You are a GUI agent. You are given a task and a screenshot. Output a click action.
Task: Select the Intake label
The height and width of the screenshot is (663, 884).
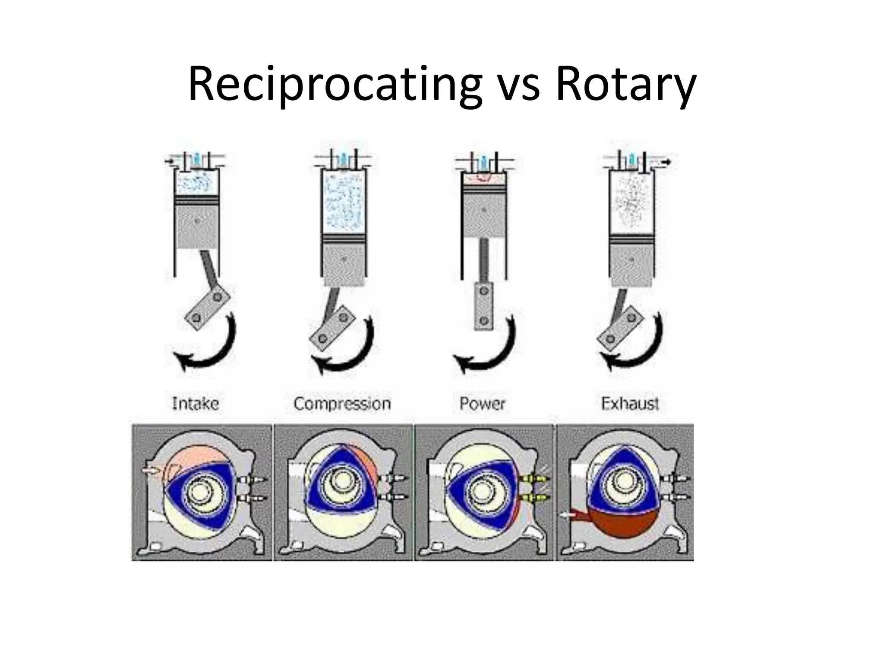[196, 404]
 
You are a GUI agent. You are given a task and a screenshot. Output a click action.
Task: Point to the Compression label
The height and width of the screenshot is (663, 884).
[342, 404]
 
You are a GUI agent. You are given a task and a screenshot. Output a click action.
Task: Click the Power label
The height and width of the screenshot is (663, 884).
[482, 404]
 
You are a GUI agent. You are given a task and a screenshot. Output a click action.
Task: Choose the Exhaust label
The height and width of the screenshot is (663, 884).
[630, 404]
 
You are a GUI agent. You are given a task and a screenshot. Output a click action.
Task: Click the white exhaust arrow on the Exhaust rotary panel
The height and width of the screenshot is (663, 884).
[568, 515]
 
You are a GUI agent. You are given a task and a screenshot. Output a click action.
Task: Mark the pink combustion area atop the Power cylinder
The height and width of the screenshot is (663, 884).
[483, 177]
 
